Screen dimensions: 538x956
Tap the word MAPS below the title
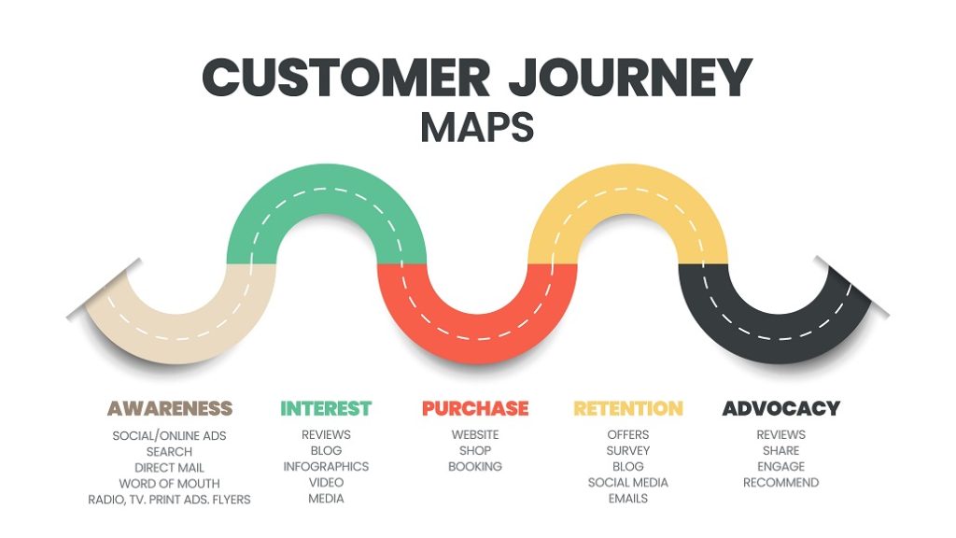(x=477, y=128)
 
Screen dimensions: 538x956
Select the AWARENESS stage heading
(x=169, y=408)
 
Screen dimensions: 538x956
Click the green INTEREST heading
(x=326, y=408)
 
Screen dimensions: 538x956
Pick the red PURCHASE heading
(x=475, y=408)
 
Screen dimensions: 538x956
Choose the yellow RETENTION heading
(x=627, y=408)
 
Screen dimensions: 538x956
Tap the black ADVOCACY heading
(x=780, y=408)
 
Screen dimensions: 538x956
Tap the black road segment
(x=782, y=336)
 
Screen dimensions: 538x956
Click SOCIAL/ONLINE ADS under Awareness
(x=169, y=435)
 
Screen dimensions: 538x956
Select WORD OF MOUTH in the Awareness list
(x=169, y=484)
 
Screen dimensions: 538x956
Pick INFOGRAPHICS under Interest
(x=326, y=466)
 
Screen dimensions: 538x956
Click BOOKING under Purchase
(x=475, y=466)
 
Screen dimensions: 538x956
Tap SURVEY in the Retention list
(x=627, y=450)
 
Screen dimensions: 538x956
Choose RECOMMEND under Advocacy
(x=780, y=482)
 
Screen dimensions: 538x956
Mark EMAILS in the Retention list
(x=627, y=499)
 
